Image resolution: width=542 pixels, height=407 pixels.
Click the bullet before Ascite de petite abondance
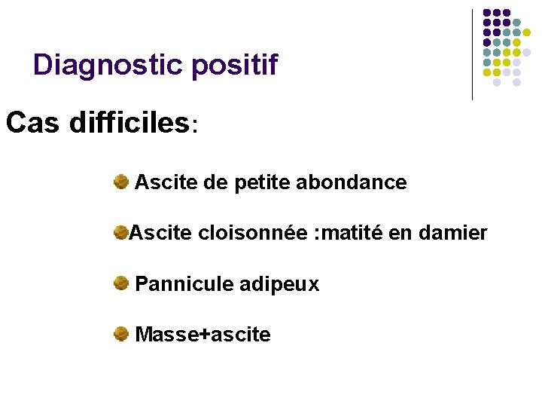pyautogui.click(x=120, y=181)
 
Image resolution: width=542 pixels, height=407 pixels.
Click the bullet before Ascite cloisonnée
pyautogui.click(x=120, y=233)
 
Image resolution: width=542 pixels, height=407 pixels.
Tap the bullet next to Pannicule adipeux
pyautogui.click(x=120, y=283)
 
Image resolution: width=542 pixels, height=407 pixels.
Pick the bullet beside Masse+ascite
pyautogui.click(x=120, y=334)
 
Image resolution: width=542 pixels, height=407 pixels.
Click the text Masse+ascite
pyautogui.click(x=202, y=335)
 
